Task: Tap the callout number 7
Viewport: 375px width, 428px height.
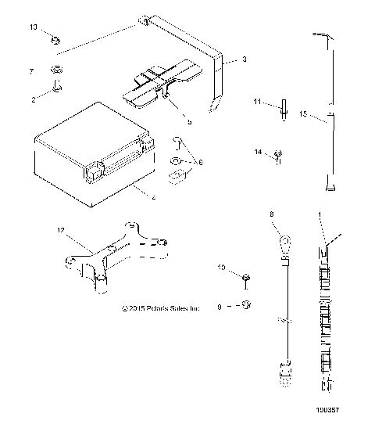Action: [x=31, y=71]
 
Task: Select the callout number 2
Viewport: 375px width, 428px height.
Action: [x=34, y=99]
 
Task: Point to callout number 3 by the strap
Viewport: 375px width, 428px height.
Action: [x=245, y=59]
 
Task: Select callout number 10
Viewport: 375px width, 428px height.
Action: [x=222, y=268]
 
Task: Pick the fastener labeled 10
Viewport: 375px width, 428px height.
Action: [x=245, y=276]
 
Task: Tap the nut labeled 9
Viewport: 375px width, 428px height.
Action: [x=246, y=304]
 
